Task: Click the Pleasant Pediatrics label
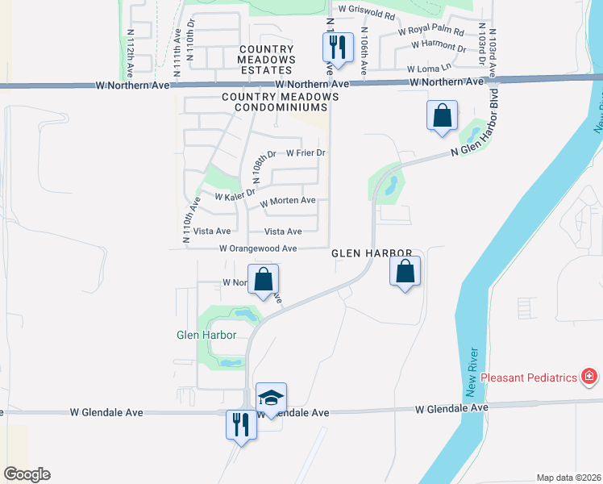[x=531, y=378]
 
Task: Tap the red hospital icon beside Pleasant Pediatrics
[x=590, y=377]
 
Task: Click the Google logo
[x=27, y=474]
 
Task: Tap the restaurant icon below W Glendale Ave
[x=241, y=423]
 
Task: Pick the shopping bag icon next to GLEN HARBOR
[x=405, y=271]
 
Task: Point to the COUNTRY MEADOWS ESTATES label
[x=266, y=60]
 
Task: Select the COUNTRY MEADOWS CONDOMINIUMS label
[x=280, y=97]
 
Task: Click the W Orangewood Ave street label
[x=258, y=249]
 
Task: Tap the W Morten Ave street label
[x=288, y=201]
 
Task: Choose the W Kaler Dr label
[x=235, y=194]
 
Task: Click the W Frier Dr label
[x=305, y=152]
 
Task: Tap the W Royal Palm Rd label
[x=430, y=33]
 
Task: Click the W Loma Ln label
[x=427, y=69]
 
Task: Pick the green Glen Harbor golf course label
[x=195, y=335]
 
